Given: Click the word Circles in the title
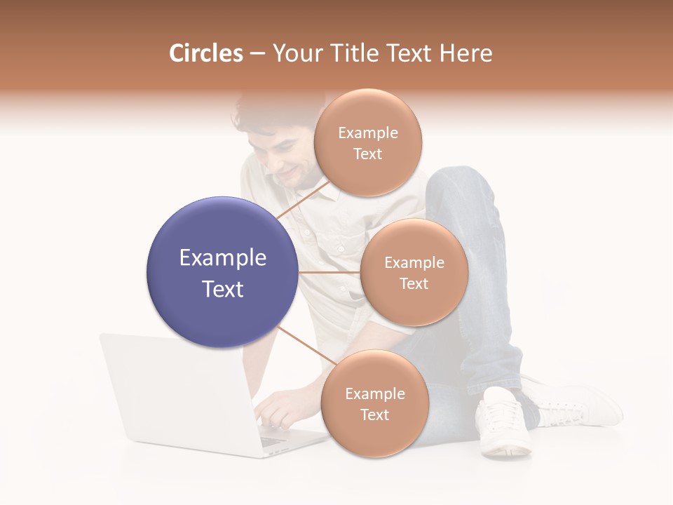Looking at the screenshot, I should point(205,53).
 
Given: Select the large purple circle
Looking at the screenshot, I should point(222,272).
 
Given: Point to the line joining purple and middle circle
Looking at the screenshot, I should point(329,272).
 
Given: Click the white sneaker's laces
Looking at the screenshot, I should point(502,413).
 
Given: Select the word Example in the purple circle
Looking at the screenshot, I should point(222,258).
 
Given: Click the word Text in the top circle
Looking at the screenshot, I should point(367,154).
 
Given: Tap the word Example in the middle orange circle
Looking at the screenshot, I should point(414,263).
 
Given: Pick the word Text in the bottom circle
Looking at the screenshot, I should point(374,415).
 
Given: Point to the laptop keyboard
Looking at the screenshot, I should point(273,438).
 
